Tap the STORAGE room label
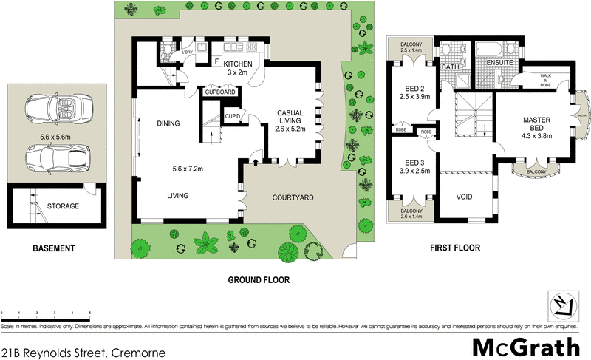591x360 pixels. pyautogui.click(x=64, y=206)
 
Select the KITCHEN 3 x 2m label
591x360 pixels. pyautogui.click(x=239, y=69)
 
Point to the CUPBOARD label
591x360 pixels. pyautogui.click(x=219, y=92)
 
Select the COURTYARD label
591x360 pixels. pyautogui.click(x=293, y=197)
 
